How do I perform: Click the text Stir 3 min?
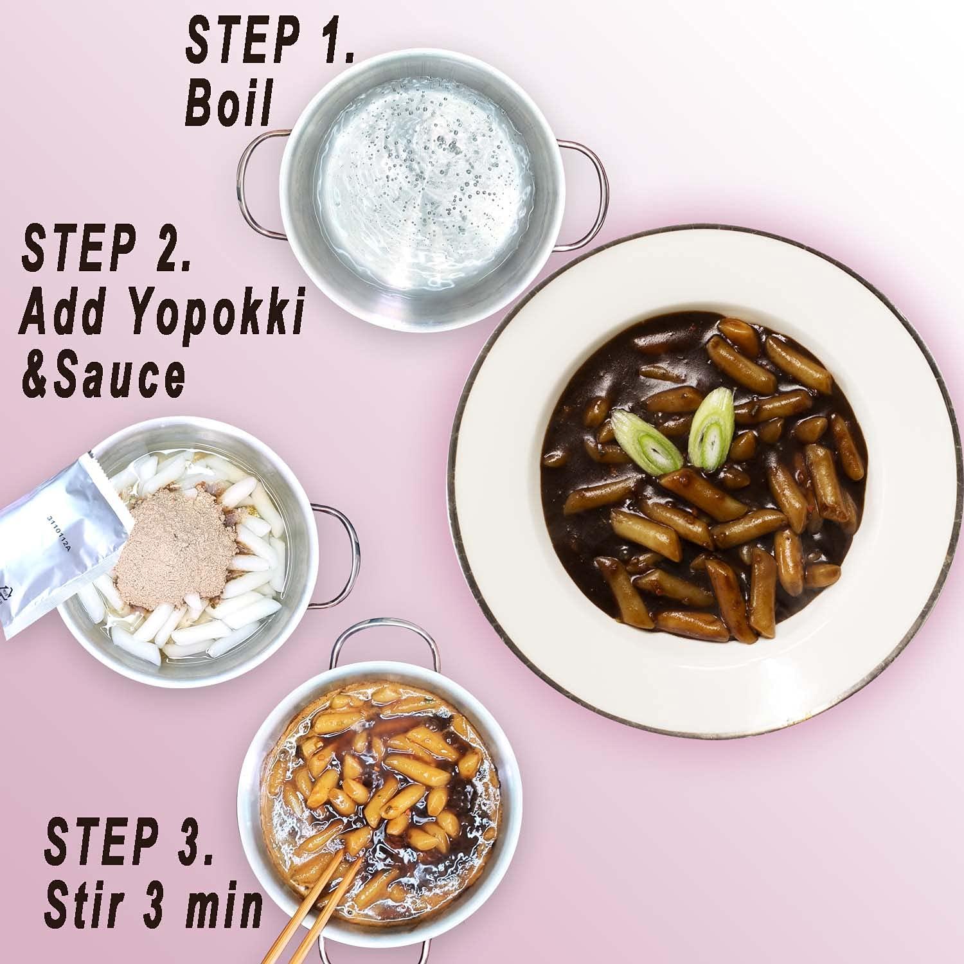point(153,907)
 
